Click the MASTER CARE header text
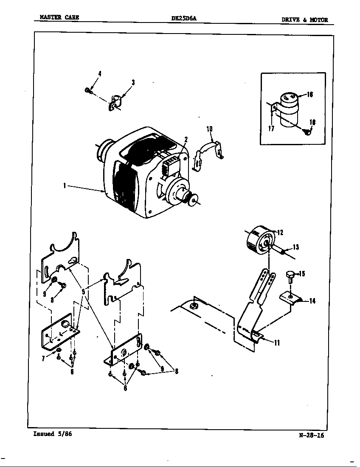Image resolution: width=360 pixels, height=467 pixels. coord(59,17)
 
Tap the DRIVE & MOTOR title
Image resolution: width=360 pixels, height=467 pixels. coord(304,20)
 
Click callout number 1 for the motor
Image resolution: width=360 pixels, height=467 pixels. coord(64,186)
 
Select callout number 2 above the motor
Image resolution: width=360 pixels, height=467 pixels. coord(186,139)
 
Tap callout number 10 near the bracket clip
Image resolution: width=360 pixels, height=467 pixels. coord(209,129)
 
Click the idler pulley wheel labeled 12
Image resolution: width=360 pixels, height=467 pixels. coord(259,241)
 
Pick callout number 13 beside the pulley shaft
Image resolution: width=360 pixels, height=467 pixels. coord(295,248)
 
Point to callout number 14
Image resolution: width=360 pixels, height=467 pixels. coord(312,301)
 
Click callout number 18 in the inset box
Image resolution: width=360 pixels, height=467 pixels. coord(312,123)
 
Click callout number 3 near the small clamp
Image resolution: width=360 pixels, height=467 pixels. coord(133,82)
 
